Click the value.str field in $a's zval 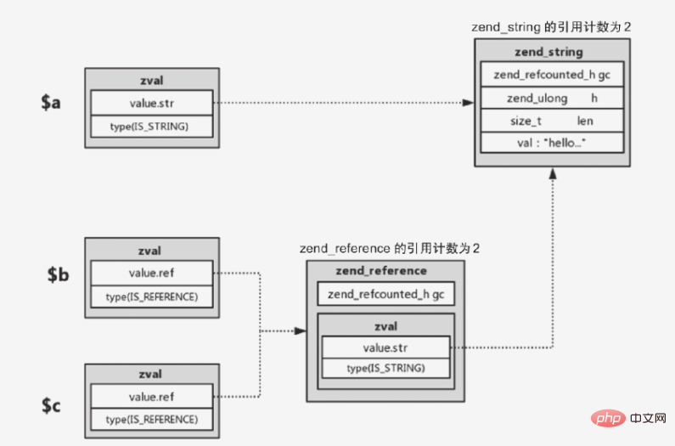point(152,104)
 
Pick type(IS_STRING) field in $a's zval point(152,127)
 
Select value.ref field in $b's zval point(152,273)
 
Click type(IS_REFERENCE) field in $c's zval point(152,420)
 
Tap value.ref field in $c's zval point(152,398)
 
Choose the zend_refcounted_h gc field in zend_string point(552,75)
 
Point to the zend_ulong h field point(552,99)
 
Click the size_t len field point(552,121)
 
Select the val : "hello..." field point(552,144)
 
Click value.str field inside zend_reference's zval point(385,347)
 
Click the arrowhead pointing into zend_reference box point(300,331)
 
